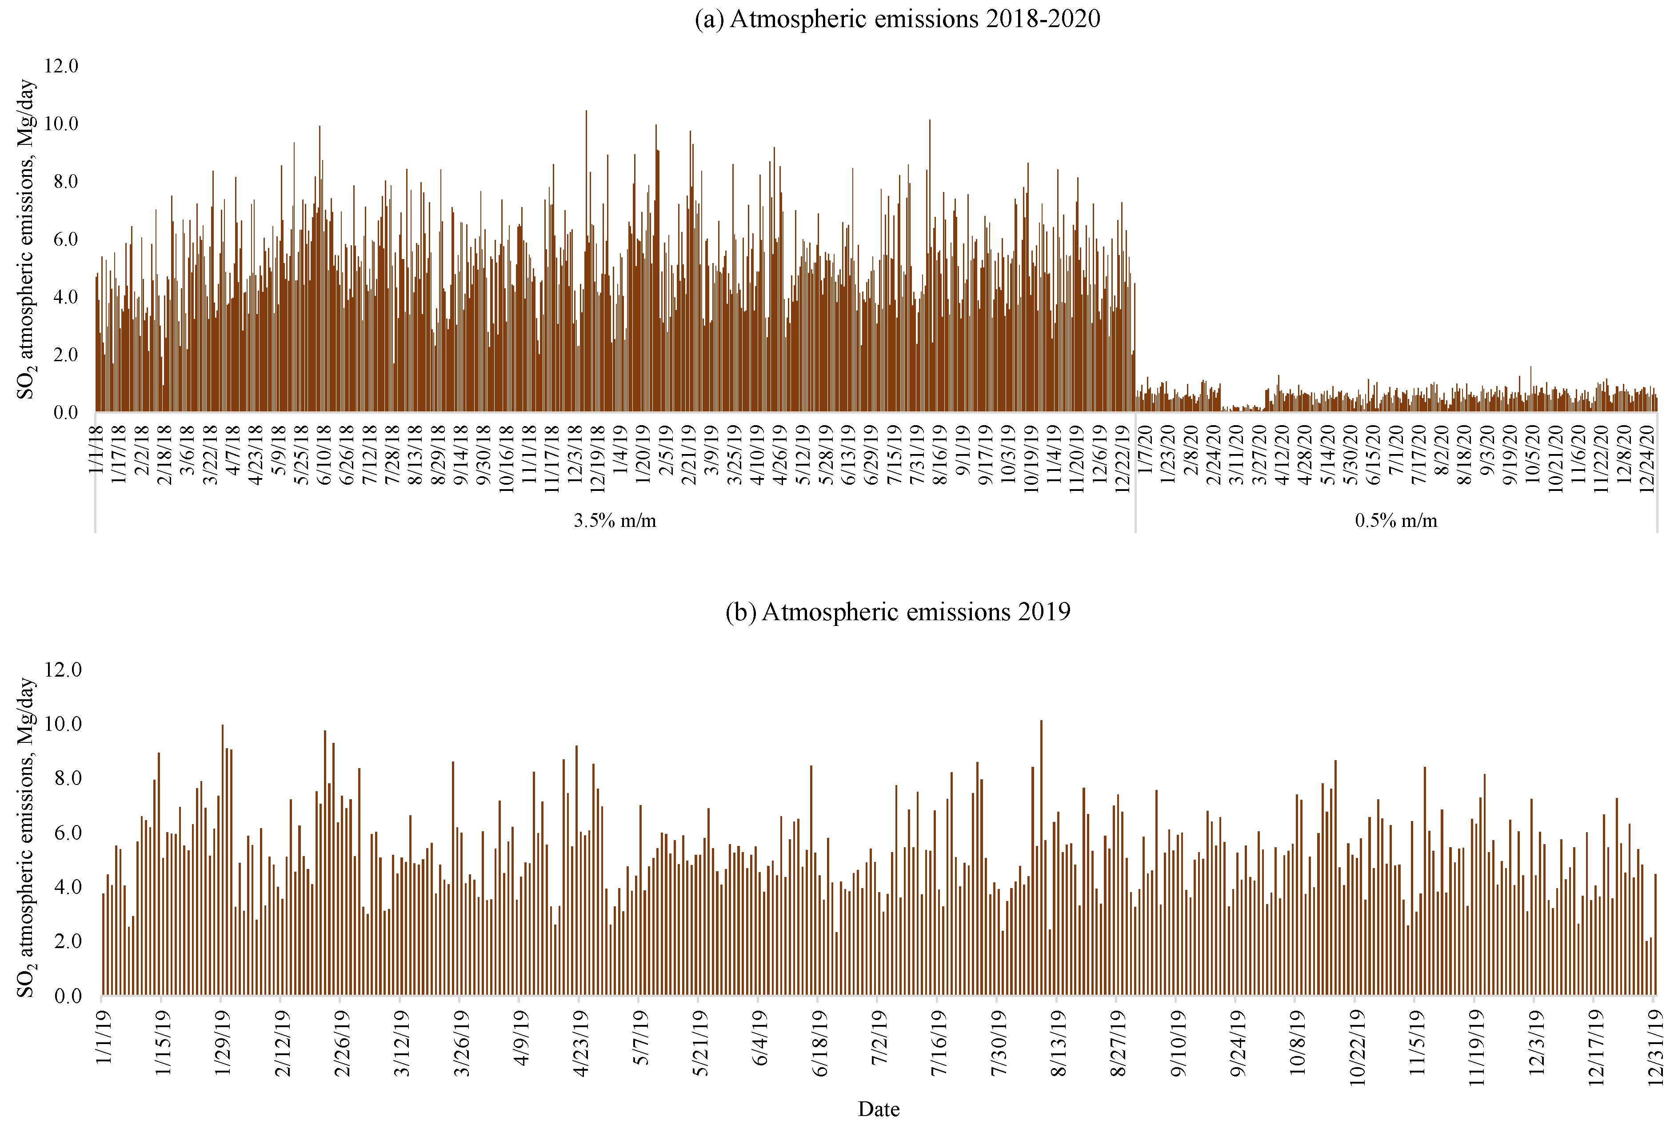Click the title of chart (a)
click(897, 19)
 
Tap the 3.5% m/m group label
click(615, 521)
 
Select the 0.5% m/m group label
click(1395, 521)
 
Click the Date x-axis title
click(878, 1109)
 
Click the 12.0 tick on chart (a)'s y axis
click(61, 66)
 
